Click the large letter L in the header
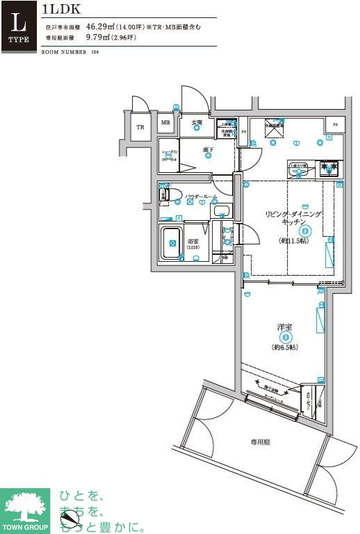[19, 19]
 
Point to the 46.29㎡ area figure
[101, 27]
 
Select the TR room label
[140, 127]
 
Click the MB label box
[165, 124]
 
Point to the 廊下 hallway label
[207, 149]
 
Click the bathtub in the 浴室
[172, 244]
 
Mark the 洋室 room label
[285, 326]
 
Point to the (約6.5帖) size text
[285, 347]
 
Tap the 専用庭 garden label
[261, 441]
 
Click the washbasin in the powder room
[222, 211]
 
